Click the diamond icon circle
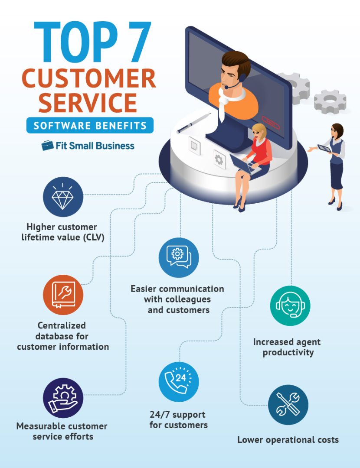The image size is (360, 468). (63, 197)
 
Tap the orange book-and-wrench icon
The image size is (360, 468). (63, 295)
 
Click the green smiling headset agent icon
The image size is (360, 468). (290, 305)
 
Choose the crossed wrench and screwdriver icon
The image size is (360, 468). (288, 405)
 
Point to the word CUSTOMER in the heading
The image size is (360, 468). (88, 78)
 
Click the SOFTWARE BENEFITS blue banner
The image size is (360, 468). (90, 125)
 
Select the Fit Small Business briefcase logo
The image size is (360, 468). (47, 146)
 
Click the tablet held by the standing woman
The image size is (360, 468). (324, 148)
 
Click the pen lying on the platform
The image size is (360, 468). (191, 123)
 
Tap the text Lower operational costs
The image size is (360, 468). (288, 440)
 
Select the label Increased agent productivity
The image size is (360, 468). (287, 347)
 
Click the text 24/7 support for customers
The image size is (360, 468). (178, 420)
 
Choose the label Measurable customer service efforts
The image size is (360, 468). (62, 431)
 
